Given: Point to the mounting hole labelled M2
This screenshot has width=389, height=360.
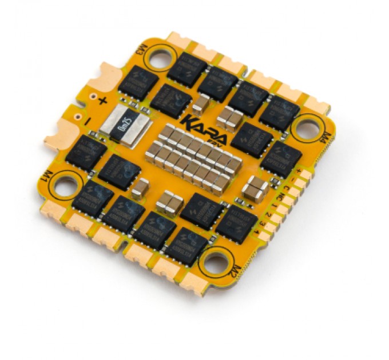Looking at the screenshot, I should [x=215, y=262].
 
